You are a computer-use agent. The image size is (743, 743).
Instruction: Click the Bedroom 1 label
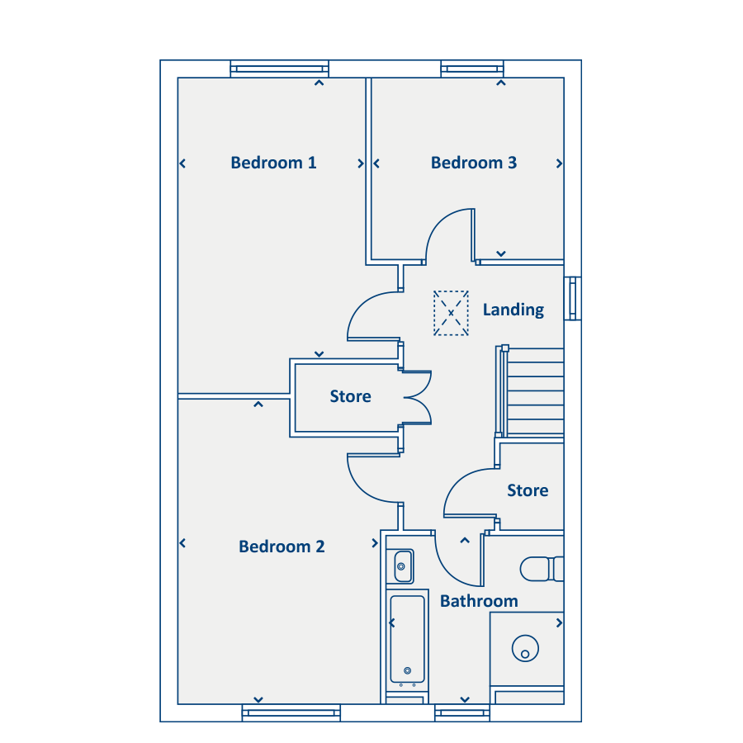(273, 163)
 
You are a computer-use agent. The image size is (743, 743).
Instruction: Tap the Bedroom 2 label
(282, 547)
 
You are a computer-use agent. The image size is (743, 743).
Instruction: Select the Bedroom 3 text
(473, 163)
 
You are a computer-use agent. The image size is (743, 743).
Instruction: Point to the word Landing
(513, 310)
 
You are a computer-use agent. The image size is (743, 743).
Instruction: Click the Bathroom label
(479, 601)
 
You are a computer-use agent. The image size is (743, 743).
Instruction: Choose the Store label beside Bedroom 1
(350, 396)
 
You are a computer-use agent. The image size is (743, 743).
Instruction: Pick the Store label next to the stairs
(528, 490)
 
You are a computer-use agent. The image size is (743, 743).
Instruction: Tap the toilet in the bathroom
(542, 569)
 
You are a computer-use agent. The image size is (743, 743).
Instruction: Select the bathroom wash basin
(400, 566)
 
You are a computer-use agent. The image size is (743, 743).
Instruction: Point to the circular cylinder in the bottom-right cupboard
(526, 648)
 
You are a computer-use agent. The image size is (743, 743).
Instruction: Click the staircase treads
(535, 391)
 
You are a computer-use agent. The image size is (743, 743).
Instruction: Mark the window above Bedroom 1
(280, 69)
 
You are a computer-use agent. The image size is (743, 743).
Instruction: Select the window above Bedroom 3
(472, 69)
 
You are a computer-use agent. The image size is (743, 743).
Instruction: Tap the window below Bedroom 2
(291, 712)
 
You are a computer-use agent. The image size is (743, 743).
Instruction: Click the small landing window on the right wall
(572, 299)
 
